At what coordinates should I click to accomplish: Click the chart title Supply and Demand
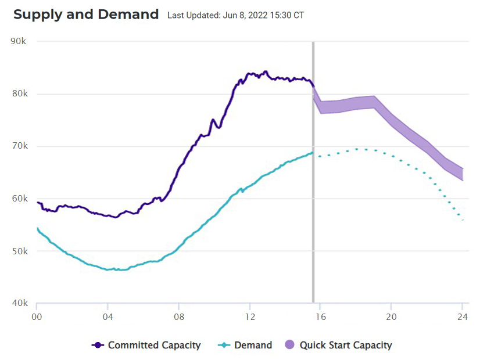[x=86, y=15]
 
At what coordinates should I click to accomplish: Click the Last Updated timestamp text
[x=235, y=15]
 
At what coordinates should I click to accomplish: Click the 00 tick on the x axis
[x=37, y=317]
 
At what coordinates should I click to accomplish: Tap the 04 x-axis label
[x=108, y=317]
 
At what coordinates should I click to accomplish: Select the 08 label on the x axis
[x=178, y=317]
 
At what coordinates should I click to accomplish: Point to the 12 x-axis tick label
[x=249, y=317]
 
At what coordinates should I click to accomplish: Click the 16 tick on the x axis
[x=320, y=317]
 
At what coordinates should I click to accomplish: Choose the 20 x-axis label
[x=391, y=317]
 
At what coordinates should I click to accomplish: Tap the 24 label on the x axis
[x=462, y=317]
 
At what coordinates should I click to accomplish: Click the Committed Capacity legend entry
[x=146, y=345]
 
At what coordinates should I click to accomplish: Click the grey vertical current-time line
[x=313, y=174]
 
